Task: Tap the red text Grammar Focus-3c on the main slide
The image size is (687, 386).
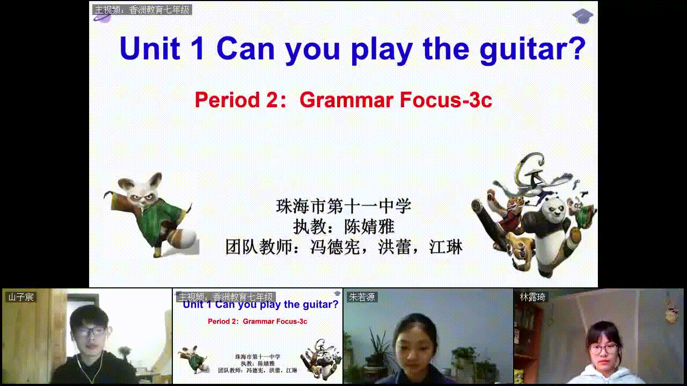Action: pyautogui.click(x=396, y=100)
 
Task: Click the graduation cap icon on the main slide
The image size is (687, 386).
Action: pyautogui.click(x=582, y=16)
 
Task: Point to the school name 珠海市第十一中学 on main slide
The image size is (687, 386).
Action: pyautogui.click(x=343, y=206)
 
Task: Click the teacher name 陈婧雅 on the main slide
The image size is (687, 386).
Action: pyautogui.click(x=369, y=227)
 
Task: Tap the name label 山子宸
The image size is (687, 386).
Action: pyautogui.click(x=21, y=297)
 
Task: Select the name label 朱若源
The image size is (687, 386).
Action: pyautogui.click(x=362, y=297)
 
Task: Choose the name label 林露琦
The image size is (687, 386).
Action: pyautogui.click(x=532, y=297)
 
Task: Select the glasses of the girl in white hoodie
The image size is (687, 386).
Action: pyautogui.click(x=603, y=348)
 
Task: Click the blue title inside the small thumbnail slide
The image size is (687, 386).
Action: pyautogui.click(x=260, y=305)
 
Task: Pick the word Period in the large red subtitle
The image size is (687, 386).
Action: pyautogui.click(x=227, y=100)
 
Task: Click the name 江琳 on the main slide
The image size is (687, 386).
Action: pyautogui.click(x=445, y=247)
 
